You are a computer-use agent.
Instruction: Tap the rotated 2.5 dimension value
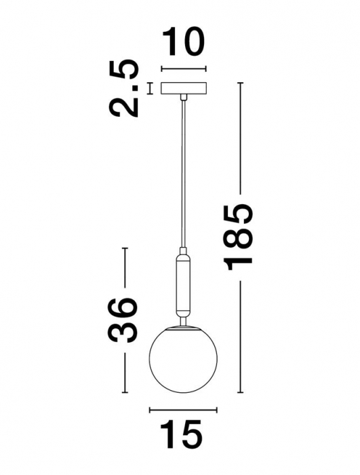(x=127, y=88)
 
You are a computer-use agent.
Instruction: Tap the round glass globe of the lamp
(x=181, y=360)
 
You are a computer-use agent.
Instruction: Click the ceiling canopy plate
(x=183, y=89)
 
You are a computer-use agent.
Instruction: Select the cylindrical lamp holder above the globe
(x=183, y=285)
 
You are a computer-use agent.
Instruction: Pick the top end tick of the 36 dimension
(x=124, y=249)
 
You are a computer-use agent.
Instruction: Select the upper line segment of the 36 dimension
(x=124, y=271)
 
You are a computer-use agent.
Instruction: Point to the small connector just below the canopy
(x=183, y=99)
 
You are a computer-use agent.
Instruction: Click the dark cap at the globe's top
(x=182, y=327)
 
